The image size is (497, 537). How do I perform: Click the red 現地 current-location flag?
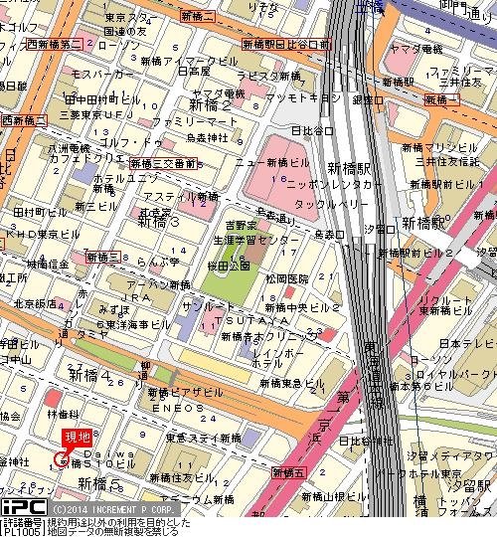tap(77, 435)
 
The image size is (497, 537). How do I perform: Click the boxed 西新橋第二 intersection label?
tap(55, 45)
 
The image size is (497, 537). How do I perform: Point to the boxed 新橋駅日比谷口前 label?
tap(285, 45)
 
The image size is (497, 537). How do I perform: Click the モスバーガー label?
tap(96, 75)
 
